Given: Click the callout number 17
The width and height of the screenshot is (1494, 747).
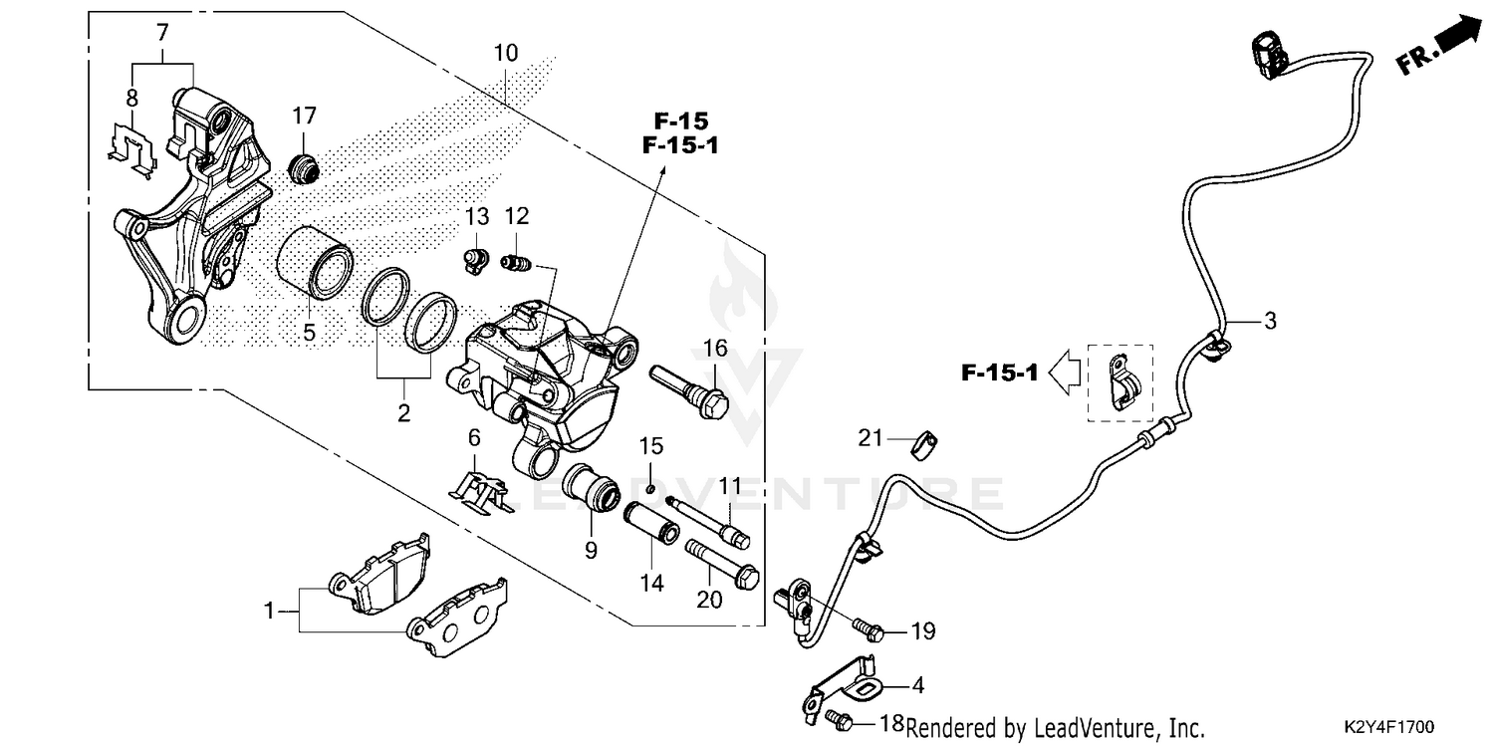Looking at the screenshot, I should tap(304, 117).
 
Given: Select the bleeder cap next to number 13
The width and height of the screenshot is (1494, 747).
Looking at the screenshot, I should tap(475, 261).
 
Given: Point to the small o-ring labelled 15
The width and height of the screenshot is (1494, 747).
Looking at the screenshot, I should tap(649, 487).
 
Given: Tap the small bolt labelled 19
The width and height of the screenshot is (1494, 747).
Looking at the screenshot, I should tap(868, 629).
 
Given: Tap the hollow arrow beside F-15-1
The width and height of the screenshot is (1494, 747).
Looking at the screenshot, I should tap(1067, 373).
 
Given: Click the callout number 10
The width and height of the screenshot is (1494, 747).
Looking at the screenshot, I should tap(506, 53).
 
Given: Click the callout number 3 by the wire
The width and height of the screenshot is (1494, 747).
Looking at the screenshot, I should tap(1269, 321).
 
